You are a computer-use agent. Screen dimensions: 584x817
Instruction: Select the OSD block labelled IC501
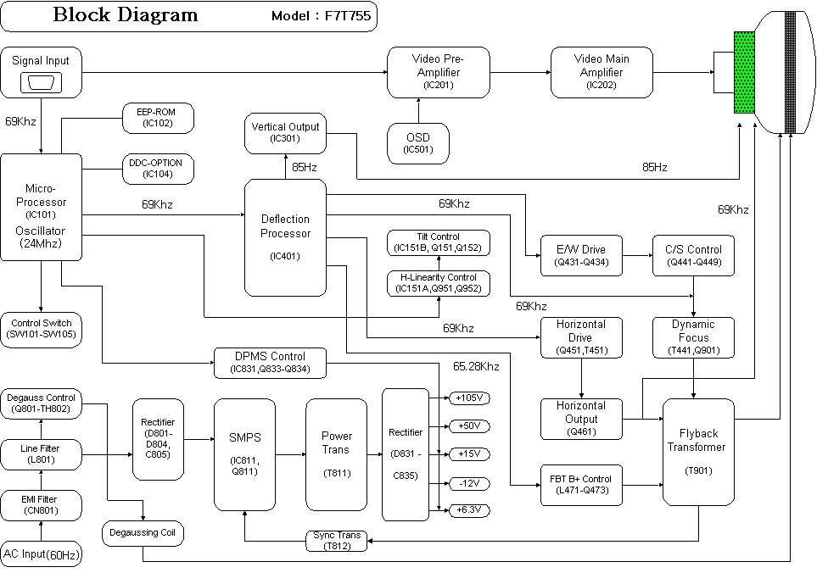[417, 143]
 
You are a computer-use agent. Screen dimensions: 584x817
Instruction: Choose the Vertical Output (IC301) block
[286, 132]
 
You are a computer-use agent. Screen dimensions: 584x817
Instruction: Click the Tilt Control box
[439, 242]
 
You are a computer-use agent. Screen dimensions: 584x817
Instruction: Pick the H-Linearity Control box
[439, 283]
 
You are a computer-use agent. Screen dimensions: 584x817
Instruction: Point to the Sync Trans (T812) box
[337, 541]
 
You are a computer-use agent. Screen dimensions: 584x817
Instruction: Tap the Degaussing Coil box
[143, 533]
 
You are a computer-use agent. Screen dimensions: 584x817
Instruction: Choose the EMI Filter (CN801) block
[41, 505]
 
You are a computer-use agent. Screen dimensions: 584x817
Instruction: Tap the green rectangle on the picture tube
[744, 72]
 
